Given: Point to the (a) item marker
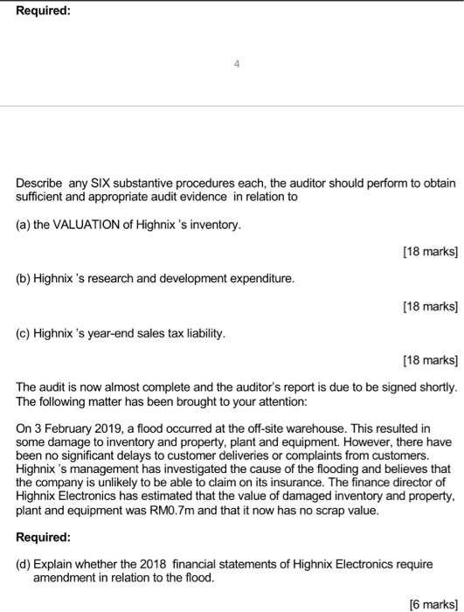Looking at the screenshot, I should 24,226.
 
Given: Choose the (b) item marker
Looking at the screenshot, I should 24,280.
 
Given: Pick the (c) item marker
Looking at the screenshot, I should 24,333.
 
